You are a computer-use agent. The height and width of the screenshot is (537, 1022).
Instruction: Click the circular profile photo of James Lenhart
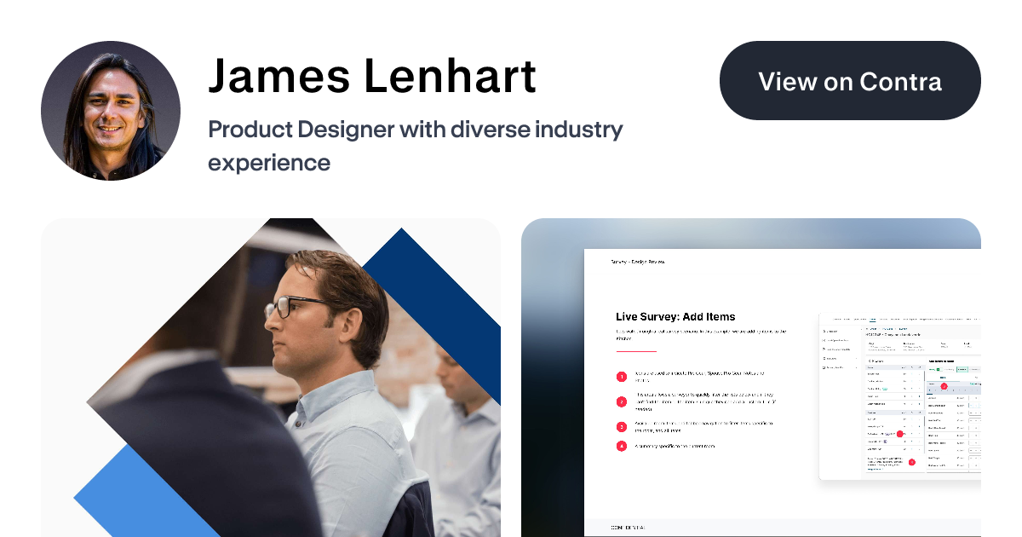111,111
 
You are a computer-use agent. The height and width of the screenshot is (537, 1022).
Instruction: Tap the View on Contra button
850,81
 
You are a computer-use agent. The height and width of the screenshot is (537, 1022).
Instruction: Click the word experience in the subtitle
269,162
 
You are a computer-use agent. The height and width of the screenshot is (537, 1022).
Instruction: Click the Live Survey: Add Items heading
675,317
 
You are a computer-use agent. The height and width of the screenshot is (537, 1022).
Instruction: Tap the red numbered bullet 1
622,376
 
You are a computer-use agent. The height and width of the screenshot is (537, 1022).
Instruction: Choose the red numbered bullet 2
622,401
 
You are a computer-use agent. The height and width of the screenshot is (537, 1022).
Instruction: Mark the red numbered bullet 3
622,427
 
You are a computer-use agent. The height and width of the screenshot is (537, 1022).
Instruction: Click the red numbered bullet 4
622,446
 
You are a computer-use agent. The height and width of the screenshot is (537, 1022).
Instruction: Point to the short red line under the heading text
636,351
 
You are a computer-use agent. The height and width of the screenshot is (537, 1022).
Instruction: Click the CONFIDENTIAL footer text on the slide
629,528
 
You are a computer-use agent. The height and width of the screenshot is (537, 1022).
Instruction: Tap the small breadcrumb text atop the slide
638,262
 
